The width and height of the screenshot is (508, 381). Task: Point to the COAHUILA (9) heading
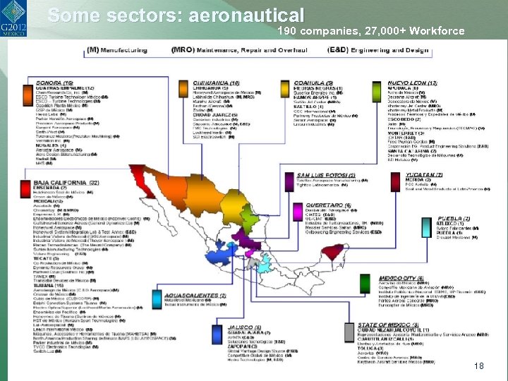[x=313, y=83]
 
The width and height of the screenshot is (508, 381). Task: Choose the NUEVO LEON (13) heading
[x=412, y=83]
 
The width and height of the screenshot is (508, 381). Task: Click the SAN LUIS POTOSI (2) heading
[x=326, y=175]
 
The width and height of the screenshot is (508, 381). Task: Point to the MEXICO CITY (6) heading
[x=401, y=279]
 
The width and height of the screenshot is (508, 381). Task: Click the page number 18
[x=479, y=366]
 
